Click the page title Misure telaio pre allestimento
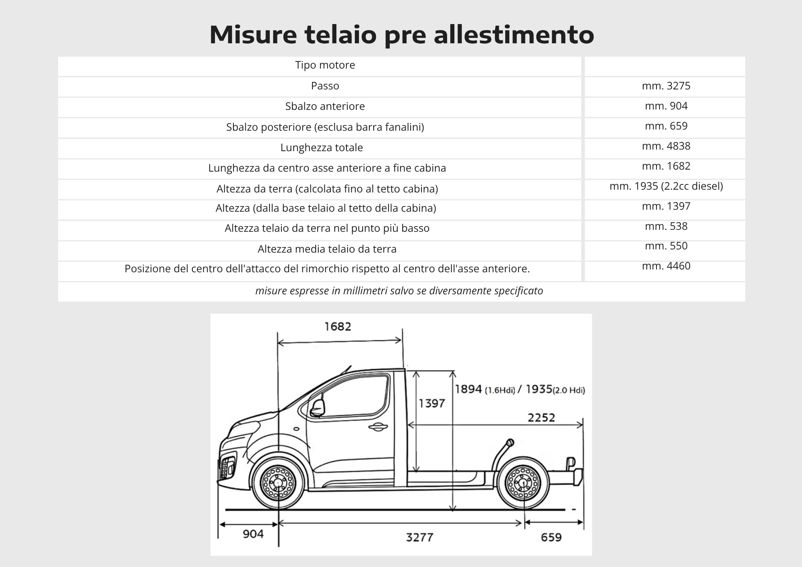pos(401,34)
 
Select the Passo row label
pos(325,86)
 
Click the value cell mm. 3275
pos(666,86)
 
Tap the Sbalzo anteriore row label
pos(325,106)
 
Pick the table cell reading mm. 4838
pos(666,146)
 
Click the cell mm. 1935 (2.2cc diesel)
pos(666,186)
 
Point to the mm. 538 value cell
pos(666,226)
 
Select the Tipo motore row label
pos(325,65)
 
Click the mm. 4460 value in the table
pos(666,266)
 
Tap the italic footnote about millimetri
pos(399,291)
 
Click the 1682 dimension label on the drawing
pos(338,326)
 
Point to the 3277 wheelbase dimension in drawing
pos(419,537)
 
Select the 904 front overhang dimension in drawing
pos(253,534)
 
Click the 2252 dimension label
pos(541,418)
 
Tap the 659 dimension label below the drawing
pos(551,537)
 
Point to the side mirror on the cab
pos(317,408)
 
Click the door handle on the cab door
pos(377,427)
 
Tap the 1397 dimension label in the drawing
pos(431,403)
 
